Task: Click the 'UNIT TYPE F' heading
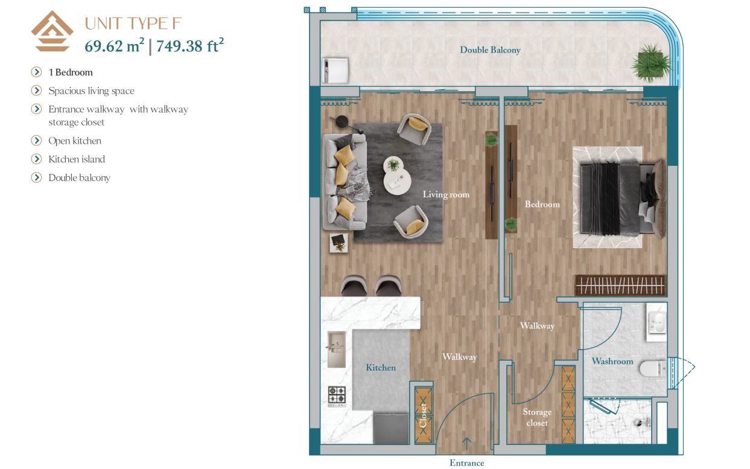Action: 133,24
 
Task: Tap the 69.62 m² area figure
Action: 115,45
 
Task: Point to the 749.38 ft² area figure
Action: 190,45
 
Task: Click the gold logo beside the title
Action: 52,31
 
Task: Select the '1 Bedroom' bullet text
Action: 71,72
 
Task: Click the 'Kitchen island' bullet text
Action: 77,159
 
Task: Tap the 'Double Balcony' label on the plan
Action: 490,50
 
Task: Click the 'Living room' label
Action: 446,194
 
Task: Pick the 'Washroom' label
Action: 612,361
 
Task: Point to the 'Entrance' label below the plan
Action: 467,463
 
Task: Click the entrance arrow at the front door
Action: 467,444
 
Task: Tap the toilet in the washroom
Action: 653,368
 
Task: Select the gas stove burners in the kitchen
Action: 337,395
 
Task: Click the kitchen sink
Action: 337,349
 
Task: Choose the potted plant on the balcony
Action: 650,63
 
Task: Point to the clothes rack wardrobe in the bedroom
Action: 621,286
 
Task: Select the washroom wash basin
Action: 656,322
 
